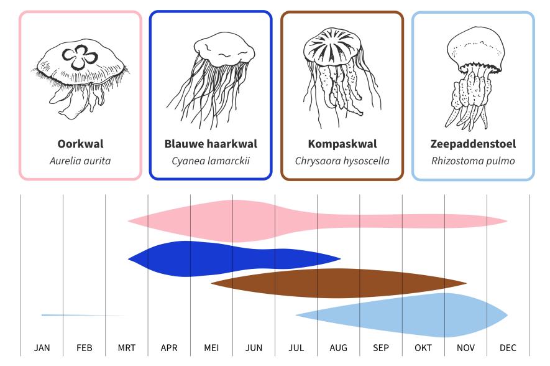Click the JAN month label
pos(42,348)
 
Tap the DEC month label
pos(508,348)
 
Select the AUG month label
pos(338,348)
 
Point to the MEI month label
pos(211,348)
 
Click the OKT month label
pos(423,348)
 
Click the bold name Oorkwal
pos(80,144)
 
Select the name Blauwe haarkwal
pos(211,144)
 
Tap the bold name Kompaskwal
pos(342,144)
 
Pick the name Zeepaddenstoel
pos(473,144)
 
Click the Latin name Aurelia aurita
pos(80,161)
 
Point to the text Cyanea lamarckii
pos(211,161)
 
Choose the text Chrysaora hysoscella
pos(342,161)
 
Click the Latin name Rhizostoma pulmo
pos(473,161)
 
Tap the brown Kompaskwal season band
pos(336,283)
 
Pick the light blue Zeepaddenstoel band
pos(435,314)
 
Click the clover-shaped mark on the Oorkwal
pos(80,59)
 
